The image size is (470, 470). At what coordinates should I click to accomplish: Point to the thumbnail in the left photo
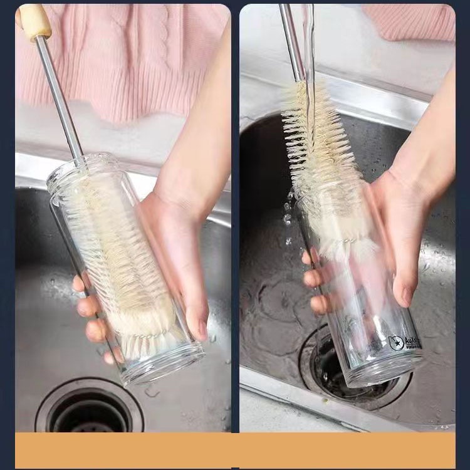(x=202, y=329)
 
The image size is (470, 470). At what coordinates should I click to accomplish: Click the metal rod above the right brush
(x=291, y=38)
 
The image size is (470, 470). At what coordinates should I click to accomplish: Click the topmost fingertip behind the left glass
(x=78, y=284)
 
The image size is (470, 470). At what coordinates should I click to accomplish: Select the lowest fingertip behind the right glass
(x=319, y=305)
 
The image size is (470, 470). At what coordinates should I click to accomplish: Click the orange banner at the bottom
(x=235, y=449)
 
